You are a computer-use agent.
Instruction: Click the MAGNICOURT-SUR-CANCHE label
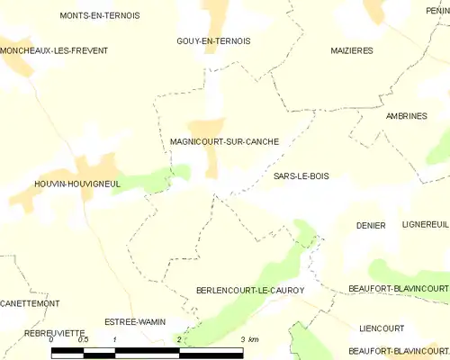224,141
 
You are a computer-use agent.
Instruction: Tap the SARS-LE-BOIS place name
301,176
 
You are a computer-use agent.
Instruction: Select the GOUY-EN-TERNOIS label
213,41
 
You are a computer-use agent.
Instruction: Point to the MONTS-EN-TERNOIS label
93,16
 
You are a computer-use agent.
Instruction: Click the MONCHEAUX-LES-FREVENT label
54,50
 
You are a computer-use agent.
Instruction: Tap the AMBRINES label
406,116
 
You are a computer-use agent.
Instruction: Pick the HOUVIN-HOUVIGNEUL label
52,183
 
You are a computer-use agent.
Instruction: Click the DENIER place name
371,225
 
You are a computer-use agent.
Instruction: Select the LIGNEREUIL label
425,225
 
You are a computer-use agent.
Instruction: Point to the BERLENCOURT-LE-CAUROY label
250,290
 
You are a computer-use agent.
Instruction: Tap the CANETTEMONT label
30,303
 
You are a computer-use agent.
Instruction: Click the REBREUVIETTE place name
35,332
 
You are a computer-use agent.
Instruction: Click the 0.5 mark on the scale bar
84,339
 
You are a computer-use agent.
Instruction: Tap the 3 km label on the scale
249,339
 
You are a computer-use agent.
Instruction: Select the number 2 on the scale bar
179,339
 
